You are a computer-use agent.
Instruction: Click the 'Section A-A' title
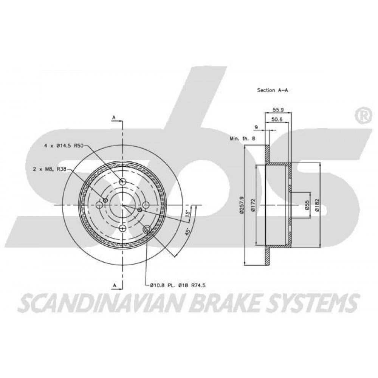click(273, 90)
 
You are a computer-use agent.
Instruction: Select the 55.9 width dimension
click(278, 110)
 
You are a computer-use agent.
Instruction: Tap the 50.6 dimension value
click(277, 119)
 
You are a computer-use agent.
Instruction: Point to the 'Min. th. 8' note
click(242, 139)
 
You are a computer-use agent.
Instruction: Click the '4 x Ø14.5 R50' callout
click(64, 146)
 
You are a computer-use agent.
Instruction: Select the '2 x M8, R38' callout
click(50, 169)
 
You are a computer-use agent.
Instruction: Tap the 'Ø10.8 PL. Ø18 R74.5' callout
click(178, 285)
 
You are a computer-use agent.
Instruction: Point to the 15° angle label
click(188, 213)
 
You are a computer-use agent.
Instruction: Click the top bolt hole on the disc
click(123, 181)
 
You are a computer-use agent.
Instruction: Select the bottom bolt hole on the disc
click(123, 228)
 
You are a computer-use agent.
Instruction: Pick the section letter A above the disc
click(115, 118)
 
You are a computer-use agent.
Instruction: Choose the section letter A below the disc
click(115, 285)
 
